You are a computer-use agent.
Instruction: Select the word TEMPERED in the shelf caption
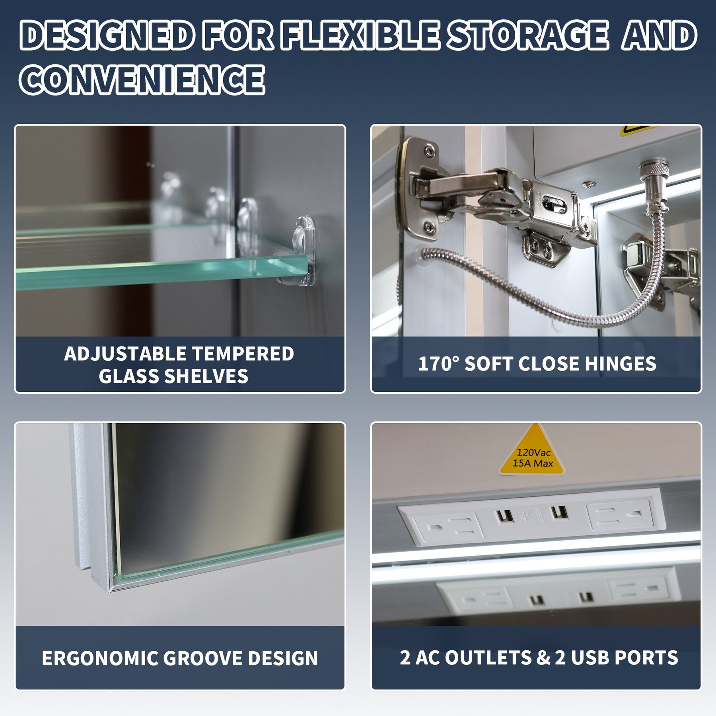[x=243, y=353]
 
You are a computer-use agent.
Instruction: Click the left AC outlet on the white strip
[x=448, y=529]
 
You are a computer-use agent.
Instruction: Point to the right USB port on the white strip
[x=558, y=512]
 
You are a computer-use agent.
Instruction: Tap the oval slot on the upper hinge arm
[x=557, y=203]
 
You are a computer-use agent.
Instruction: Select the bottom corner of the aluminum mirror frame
[x=112, y=591]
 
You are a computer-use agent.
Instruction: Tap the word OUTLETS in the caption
[x=488, y=658]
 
